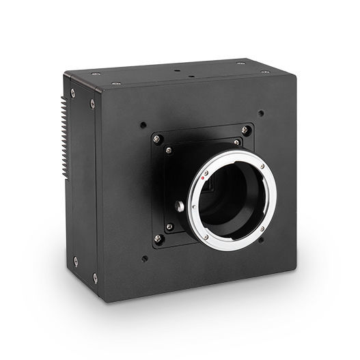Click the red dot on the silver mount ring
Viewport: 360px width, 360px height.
203,176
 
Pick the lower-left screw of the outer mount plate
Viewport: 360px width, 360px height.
158,238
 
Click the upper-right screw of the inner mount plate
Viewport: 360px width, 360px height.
236,142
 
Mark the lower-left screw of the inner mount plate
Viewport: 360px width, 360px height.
169,226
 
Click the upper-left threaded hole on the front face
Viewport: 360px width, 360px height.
142,126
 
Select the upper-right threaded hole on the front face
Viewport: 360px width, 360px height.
260,113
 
